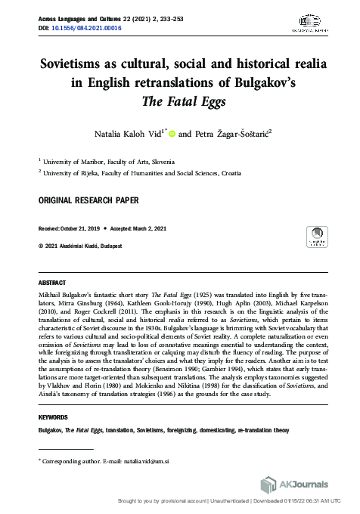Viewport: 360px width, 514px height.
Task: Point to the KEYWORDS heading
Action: click(53, 417)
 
